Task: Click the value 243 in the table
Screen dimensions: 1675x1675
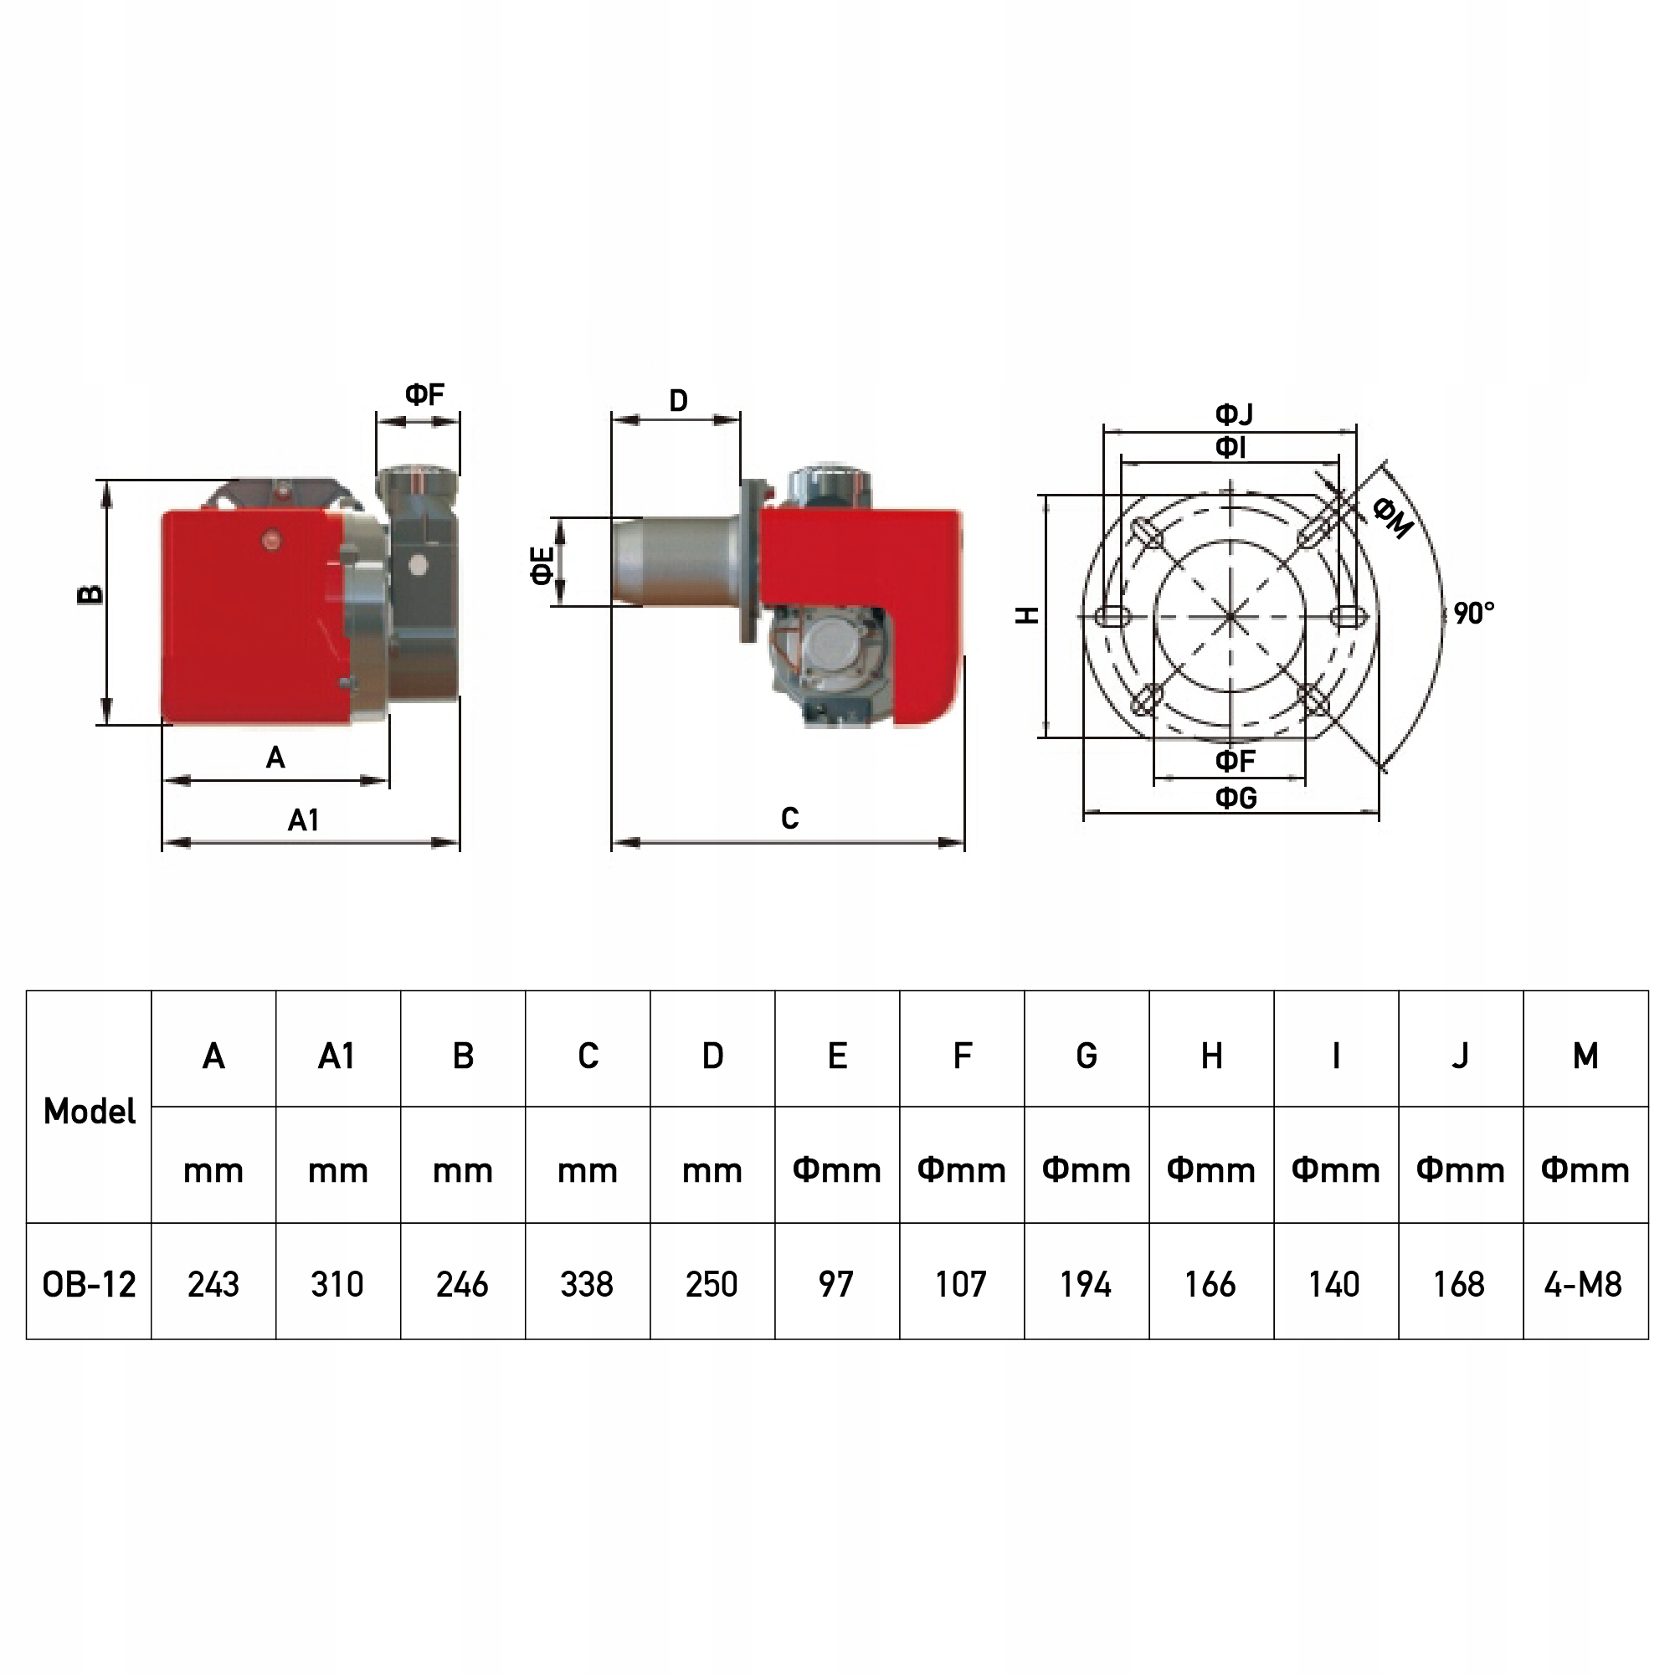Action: coord(213,1284)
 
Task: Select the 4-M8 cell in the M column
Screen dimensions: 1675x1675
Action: coord(1583,1284)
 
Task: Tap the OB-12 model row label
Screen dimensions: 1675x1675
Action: coord(90,1284)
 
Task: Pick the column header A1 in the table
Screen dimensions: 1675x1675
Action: coord(337,1056)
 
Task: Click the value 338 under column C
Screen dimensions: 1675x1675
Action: coord(587,1284)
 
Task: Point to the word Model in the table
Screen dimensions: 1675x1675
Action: coord(90,1112)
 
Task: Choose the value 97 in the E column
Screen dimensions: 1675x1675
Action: coord(835,1284)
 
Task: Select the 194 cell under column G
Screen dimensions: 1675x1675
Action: coord(1086,1284)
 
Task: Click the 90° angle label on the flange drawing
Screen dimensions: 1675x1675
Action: coord(1475,614)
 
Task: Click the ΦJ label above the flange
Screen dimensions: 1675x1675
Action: coord(1234,414)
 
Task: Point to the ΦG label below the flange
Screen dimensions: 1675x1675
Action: coord(1236,797)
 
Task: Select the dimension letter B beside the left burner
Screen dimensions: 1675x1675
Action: coord(90,594)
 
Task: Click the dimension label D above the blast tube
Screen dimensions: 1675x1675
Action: coord(678,400)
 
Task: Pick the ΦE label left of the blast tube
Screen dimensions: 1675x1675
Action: coord(542,565)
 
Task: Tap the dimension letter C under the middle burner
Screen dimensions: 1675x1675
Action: coord(789,819)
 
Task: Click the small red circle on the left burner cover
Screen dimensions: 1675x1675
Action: coord(272,540)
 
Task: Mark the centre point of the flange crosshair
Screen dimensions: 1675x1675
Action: coord(1231,616)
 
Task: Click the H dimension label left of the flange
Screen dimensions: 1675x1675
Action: coord(1026,615)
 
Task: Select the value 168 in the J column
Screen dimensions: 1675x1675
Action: coord(1459,1284)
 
